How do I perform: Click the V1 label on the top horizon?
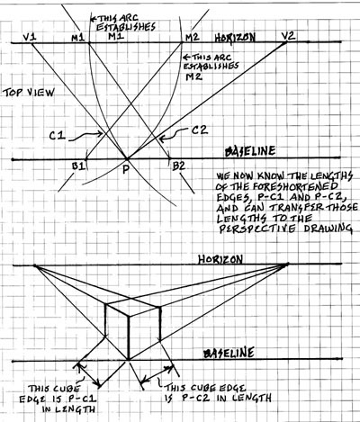click(x=30, y=37)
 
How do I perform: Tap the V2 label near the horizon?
click(x=288, y=36)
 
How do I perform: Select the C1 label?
click(x=57, y=136)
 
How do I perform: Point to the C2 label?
click(x=199, y=130)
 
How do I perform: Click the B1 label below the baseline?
click(x=79, y=166)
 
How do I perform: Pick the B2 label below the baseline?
click(x=178, y=166)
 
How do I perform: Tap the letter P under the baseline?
click(x=126, y=170)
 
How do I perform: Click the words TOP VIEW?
click(x=29, y=93)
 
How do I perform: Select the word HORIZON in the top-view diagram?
click(x=235, y=37)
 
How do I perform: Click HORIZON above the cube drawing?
click(x=220, y=259)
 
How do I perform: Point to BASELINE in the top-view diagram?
click(x=250, y=151)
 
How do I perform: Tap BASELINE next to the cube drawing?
click(x=229, y=353)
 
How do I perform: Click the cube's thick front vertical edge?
click(x=129, y=337)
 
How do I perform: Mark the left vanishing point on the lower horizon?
click(x=34, y=265)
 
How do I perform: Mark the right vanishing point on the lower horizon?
click(x=287, y=265)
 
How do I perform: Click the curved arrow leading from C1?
click(x=85, y=136)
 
